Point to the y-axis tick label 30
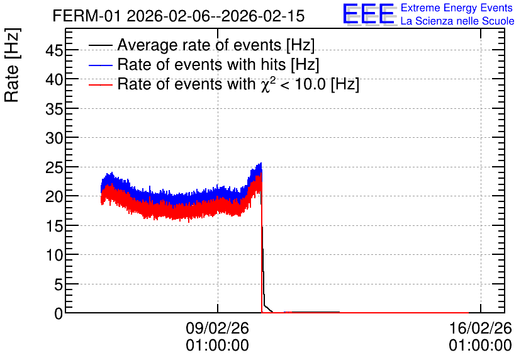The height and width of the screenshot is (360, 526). [x=54, y=138]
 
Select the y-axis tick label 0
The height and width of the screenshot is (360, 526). [x=59, y=313]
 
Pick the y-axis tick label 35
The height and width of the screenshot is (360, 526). [x=54, y=109]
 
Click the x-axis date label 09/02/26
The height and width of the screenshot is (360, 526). [x=217, y=328]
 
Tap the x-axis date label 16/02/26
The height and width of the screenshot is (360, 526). [x=480, y=328]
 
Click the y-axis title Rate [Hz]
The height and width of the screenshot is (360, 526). [x=12, y=65]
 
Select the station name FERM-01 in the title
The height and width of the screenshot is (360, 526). [x=86, y=16]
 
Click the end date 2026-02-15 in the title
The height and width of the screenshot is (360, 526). [x=264, y=16]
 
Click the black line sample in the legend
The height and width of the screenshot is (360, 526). [x=100, y=45]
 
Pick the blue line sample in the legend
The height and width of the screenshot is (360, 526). [x=100, y=65]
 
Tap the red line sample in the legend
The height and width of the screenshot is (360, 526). [x=100, y=84]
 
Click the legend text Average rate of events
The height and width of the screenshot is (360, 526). [x=199, y=45]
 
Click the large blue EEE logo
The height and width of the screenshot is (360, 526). [x=369, y=14]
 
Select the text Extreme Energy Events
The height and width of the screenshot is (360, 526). [x=457, y=8]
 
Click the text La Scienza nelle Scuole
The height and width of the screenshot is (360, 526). [x=457, y=21]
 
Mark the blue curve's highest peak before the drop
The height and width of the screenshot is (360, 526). [x=260, y=164]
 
